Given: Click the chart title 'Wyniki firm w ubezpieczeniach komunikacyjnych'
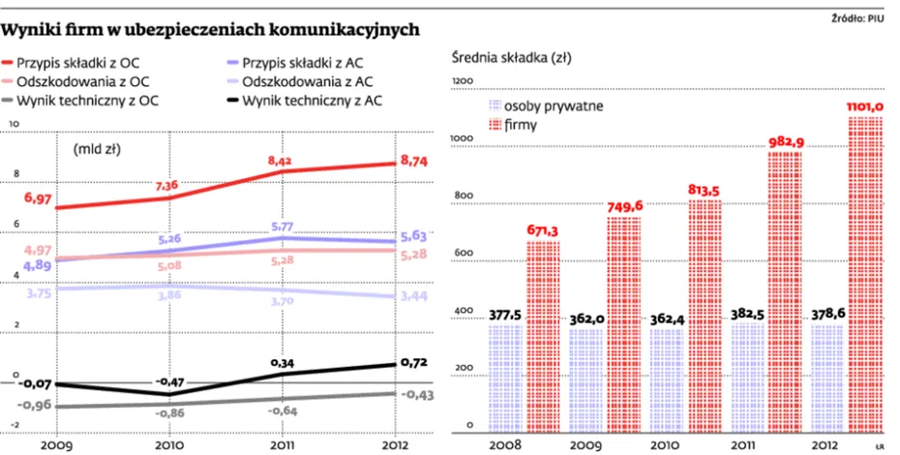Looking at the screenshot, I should pyautogui.click(x=212, y=30).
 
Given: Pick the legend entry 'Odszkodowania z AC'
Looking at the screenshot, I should pyautogui.click(x=309, y=81).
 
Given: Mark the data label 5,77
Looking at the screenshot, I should pyautogui.click(x=282, y=227).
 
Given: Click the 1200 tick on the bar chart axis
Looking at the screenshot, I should pyautogui.click(x=464, y=81).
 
